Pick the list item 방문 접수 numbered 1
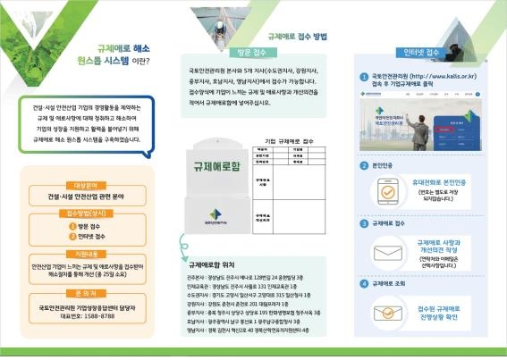pos(85,226)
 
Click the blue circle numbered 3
pos(364,223)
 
